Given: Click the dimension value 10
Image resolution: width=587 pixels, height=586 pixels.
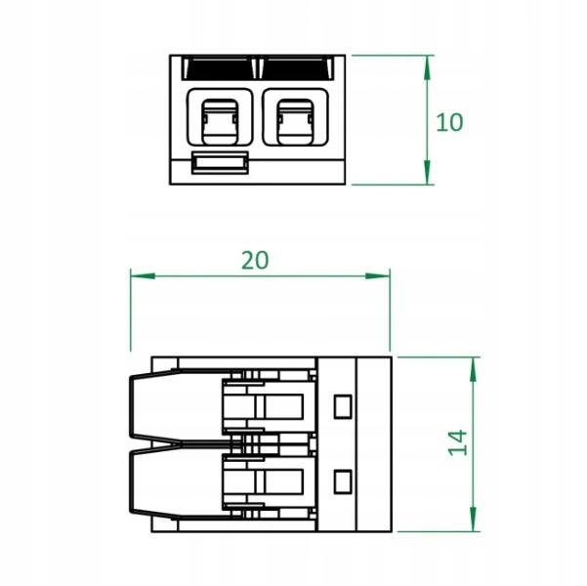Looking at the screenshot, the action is pos(449,122).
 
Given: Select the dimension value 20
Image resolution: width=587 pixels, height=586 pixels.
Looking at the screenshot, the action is pos(255,260).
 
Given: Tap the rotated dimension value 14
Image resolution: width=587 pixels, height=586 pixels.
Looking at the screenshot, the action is pos(458,442).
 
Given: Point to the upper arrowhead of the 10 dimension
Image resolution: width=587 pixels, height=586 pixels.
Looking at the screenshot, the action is pos(427,67).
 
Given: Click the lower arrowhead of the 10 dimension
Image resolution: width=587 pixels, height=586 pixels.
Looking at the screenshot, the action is pos(427,172).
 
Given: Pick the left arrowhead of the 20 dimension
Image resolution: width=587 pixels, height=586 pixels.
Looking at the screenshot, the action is pos(143,276).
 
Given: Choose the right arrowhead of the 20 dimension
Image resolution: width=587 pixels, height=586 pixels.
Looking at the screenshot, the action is pos(378,276).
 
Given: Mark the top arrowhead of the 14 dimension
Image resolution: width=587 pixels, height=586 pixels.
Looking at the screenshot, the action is pos(473,369).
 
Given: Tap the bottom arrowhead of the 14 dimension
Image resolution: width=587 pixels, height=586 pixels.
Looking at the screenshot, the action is pos(473,519).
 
